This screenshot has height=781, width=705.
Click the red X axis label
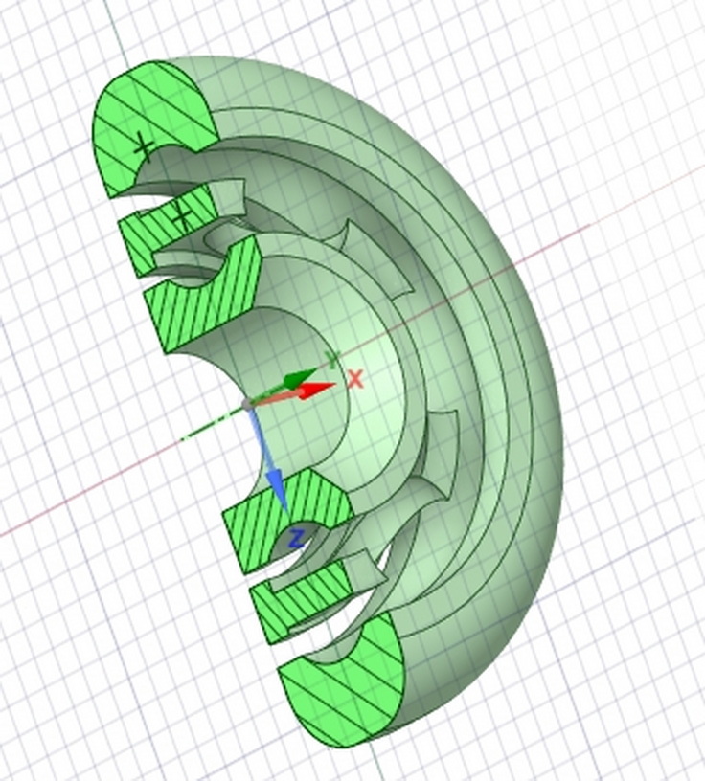(x=355, y=379)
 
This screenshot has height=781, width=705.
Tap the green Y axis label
(x=332, y=359)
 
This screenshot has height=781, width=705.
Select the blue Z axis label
(x=297, y=540)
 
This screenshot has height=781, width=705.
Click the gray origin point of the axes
(x=247, y=404)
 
